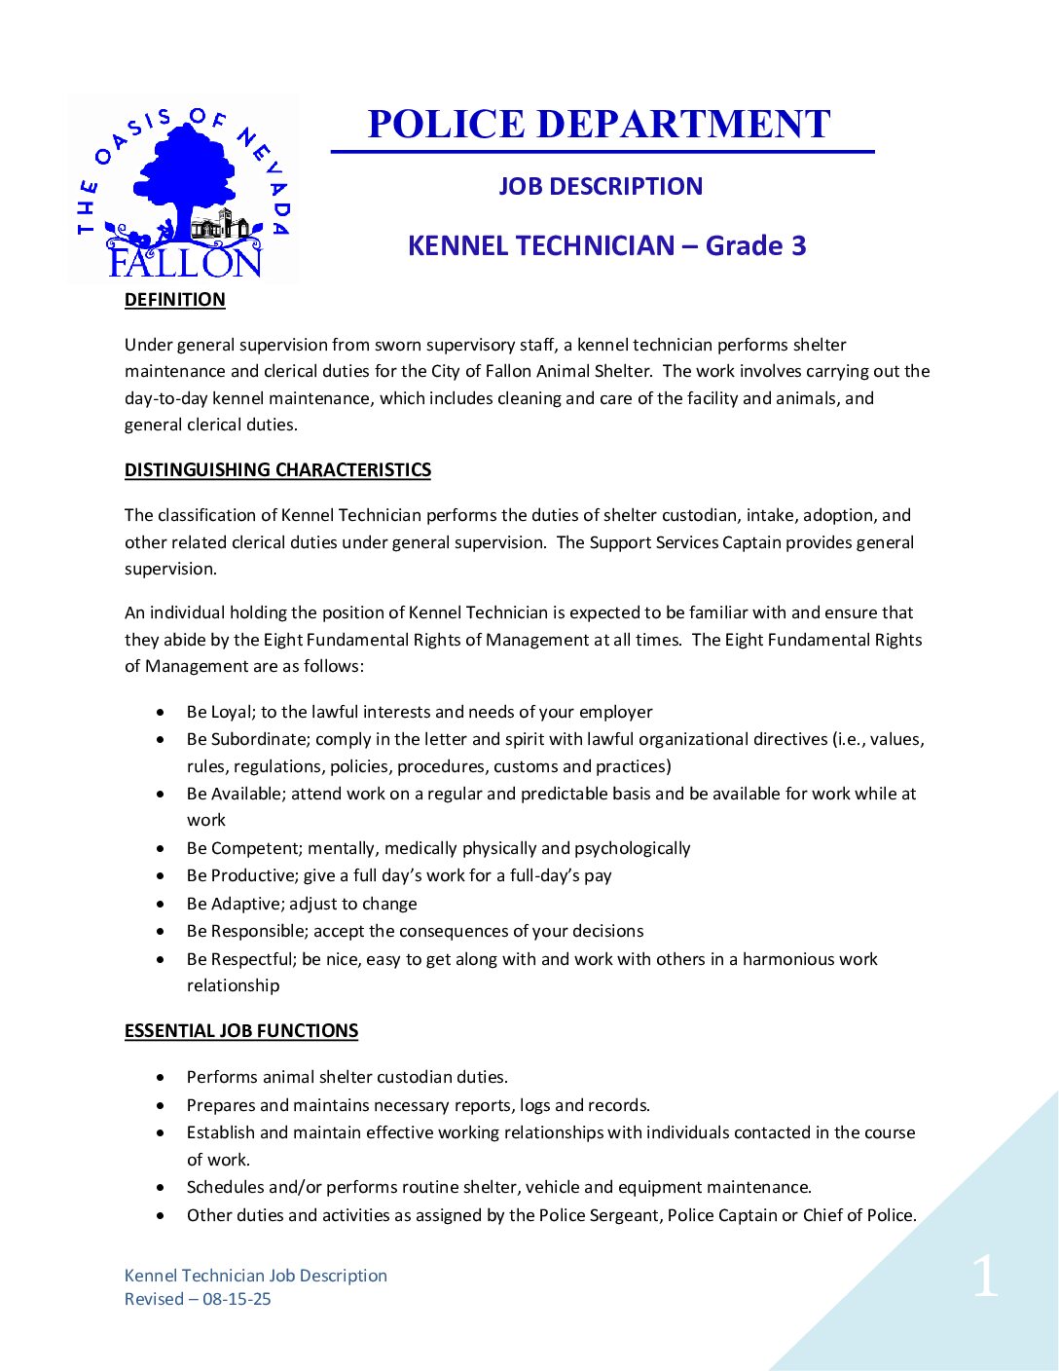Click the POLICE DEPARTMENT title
pos(599,125)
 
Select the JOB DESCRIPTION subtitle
pos(601,186)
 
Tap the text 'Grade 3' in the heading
pos(756,245)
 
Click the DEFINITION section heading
pos(175,300)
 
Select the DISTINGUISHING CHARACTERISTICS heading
pos(277,470)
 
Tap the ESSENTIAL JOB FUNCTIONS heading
pos(241,1031)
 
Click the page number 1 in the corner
pos(985,1277)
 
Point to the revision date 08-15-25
pos(237,1299)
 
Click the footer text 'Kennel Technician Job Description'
pos(256,1276)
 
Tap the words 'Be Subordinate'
pos(247,740)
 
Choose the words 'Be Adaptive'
pos(234,904)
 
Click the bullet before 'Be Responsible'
pos(161,932)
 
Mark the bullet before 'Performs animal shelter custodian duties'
pos(161,1078)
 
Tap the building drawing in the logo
pos(219,226)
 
